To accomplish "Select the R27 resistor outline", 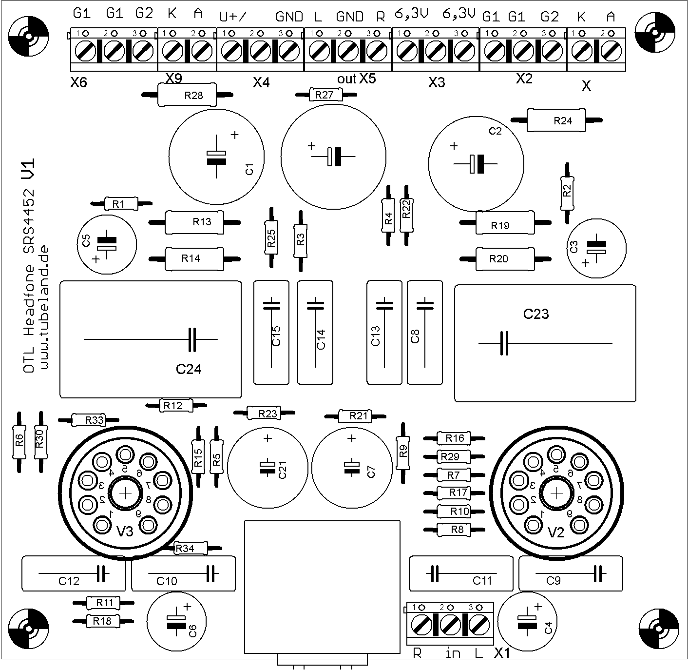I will pos(326,95).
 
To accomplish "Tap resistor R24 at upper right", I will pos(556,120).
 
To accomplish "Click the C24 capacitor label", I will pos(189,370).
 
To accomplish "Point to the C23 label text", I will pos(536,314).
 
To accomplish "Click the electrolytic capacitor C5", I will pos(107,244).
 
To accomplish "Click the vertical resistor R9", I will pos(403,453).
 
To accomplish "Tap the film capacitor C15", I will pos(271,332).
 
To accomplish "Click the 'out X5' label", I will pos(357,79).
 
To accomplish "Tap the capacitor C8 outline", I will pos(424,332).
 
